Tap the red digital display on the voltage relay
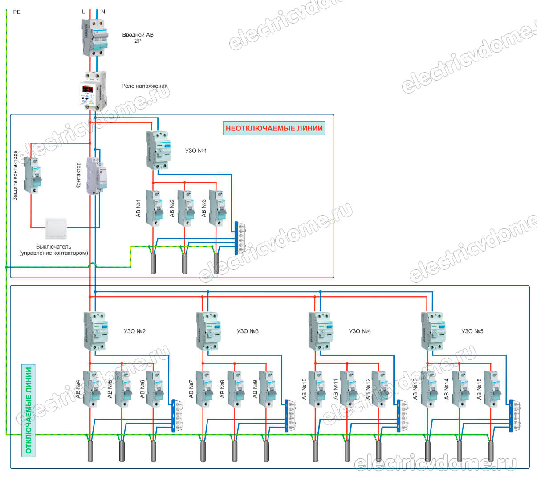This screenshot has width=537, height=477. [87, 90]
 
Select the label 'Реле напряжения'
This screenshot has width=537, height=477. [144, 86]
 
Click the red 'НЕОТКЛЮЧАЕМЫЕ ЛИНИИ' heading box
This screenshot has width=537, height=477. [274, 129]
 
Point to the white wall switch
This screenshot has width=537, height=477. [56, 229]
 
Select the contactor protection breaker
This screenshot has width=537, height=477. [33, 175]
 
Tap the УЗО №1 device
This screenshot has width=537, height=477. [158, 150]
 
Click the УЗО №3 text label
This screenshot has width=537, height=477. [248, 331]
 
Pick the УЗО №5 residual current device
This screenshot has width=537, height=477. [433, 330]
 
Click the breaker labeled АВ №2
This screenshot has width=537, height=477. [186, 208]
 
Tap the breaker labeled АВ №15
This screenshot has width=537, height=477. [492, 388]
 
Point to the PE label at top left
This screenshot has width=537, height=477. [17, 12]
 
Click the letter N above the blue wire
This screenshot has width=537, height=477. [103, 12]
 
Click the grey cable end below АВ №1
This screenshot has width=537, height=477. [154, 263]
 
